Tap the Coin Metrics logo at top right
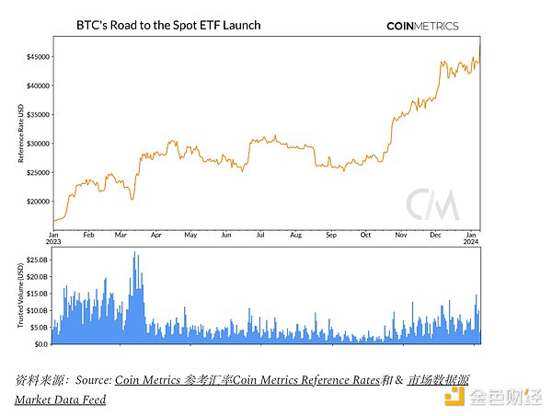coord(422,26)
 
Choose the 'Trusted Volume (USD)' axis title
coord(19,295)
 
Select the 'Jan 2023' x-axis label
coord(54,240)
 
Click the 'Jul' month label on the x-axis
coord(260,236)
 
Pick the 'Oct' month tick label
coord(365,236)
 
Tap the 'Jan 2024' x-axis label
coord(471,240)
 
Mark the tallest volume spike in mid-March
coord(134,254)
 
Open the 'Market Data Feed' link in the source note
coord(60,399)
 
